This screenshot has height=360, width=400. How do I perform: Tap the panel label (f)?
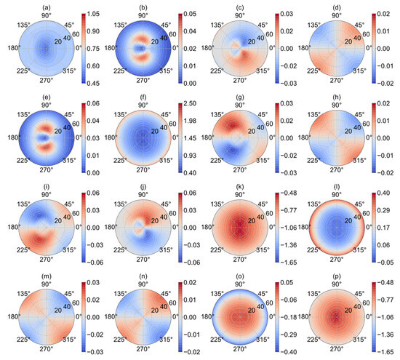pyautogui.click(x=144, y=96)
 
